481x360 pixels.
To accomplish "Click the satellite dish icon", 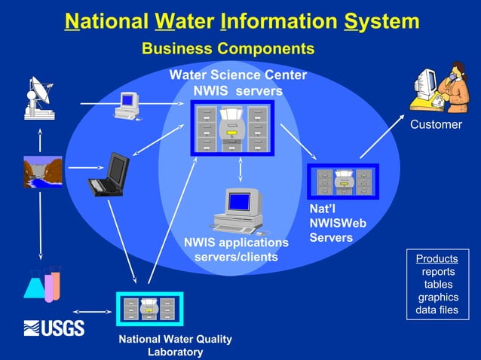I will (38, 96).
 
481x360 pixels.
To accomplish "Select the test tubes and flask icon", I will (42, 282).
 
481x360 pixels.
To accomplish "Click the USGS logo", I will (54, 328).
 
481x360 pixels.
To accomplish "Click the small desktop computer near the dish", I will (127, 105).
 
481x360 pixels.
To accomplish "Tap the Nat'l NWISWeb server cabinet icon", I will (343, 181).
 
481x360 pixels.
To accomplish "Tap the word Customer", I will (436, 124).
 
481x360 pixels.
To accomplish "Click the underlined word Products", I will (437, 259).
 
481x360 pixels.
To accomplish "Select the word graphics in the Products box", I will (438, 297).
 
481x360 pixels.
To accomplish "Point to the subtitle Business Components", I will (228, 49).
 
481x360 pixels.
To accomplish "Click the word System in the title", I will (381, 21).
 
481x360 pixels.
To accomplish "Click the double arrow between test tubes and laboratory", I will (93, 310).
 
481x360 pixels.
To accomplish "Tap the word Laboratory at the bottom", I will (176, 352).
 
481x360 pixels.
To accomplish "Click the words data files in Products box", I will (437, 310).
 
